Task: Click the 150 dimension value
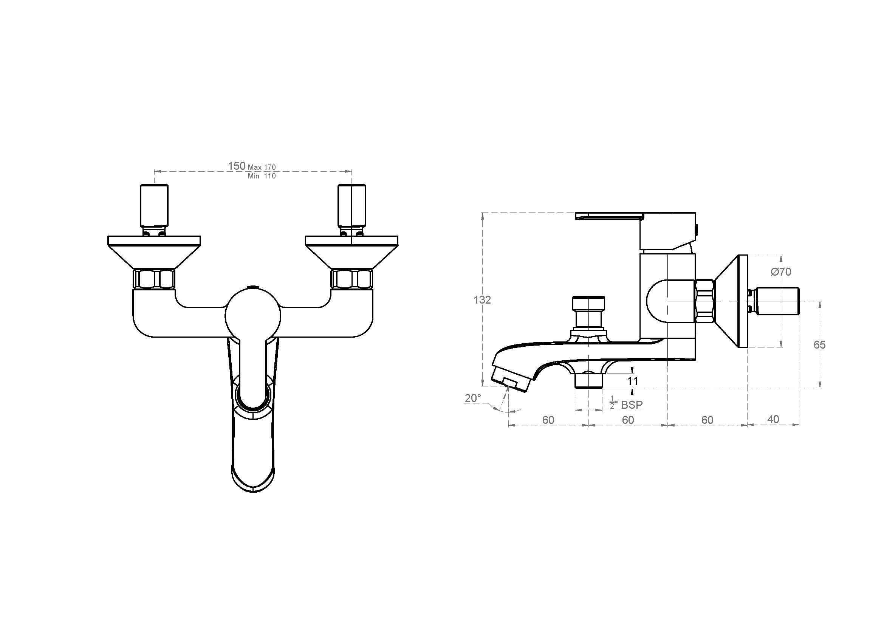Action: (x=236, y=166)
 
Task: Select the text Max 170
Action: (x=262, y=167)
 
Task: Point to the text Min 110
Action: (x=262, y=176)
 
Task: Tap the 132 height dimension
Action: (x=482, y=299)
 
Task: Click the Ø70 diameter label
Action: (x=781, y=272)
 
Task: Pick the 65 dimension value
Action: (x=819, y=345)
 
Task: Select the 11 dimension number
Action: (x=633, y=381)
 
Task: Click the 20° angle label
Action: (x=473, y=398)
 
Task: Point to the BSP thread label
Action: (x=632, y=405)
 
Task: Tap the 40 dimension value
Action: (x=773, y=419)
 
